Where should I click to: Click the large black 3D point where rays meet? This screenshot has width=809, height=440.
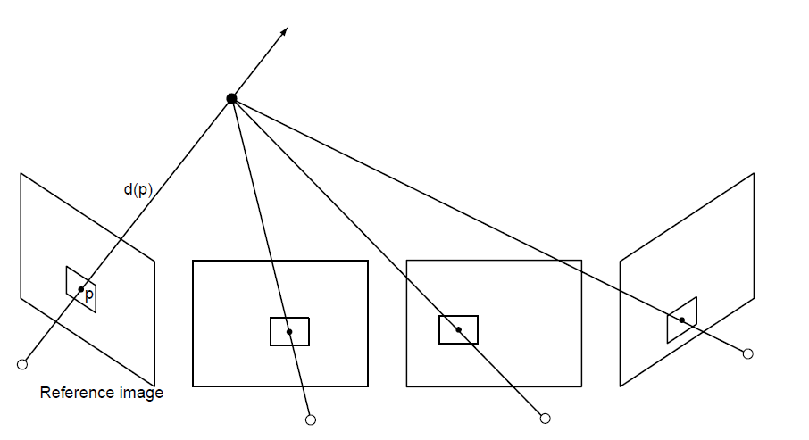click(x=231, y=98)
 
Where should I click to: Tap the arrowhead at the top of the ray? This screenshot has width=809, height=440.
click(x=284, y=31)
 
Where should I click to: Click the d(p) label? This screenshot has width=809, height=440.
click(x=139, y=189)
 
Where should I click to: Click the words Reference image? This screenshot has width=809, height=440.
click(x=102, y=393)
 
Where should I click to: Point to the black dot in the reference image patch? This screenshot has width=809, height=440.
click(x=80, y=289)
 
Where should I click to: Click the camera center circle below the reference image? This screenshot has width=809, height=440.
click(x=22, y=364)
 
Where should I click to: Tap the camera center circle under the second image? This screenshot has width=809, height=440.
click(x=311, y=419)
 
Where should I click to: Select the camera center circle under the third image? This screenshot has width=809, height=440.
click(x=545, y=417)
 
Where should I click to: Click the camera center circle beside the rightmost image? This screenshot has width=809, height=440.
click(x=748, y=353)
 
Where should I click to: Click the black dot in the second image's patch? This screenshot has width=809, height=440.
click(x=289, y=332)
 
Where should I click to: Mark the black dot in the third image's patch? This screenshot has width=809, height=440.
click(x=458, y=329)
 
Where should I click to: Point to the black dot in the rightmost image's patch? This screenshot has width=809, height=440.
click(x=682, y=320)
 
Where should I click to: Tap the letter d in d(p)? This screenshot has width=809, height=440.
click(x=128, y=189)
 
